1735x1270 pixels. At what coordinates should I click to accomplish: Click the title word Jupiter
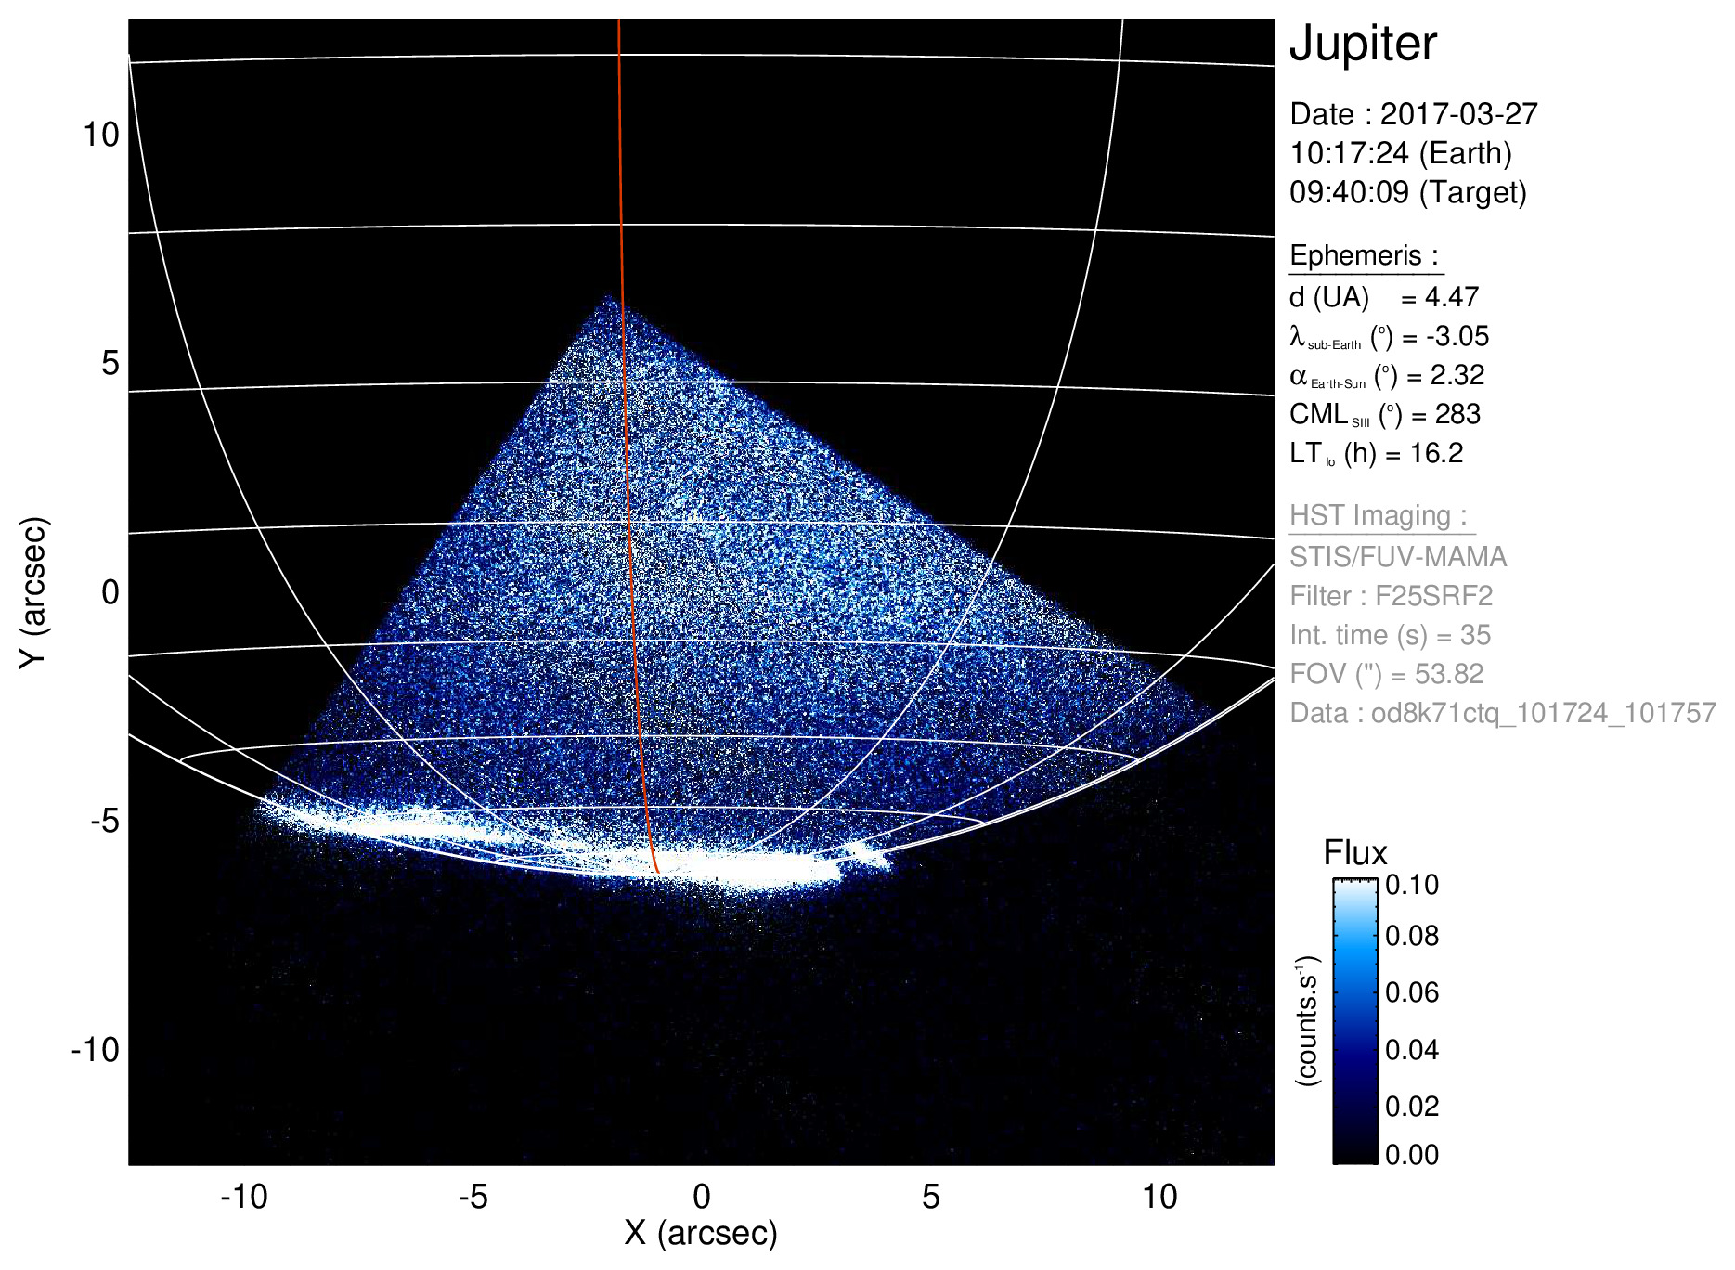click(1363, 44)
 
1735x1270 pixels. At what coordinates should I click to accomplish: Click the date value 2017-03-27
click(1458, 114)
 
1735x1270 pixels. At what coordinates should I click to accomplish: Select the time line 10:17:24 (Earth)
click(1400, 153)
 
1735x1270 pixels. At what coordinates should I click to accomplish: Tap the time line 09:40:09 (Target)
click(1407, 192)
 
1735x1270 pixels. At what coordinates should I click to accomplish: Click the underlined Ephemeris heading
click(1364, 255)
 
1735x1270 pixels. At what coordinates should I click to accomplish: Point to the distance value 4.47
click(1451, 297)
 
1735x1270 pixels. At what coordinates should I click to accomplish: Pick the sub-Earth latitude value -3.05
click(1457, 336)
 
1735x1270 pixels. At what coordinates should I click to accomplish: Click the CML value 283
click(1457, 414)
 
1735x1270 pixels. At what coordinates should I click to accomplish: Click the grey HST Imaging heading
click(1378, 515)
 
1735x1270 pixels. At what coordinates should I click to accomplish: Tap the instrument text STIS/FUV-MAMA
click(1398, 557)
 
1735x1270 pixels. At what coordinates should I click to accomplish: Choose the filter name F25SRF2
click(1433, 596)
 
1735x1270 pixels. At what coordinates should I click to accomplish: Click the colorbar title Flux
click(1354, 853)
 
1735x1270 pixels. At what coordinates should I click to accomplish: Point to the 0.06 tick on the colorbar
click(1411, 992)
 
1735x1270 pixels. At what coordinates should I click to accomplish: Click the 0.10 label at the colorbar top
click(1411, 885)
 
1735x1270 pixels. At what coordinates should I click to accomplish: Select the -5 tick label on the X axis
click(473, 1197)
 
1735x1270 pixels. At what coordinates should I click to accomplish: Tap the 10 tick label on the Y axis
click(101, 135)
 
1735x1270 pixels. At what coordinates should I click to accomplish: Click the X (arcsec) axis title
click(701, 1233)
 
